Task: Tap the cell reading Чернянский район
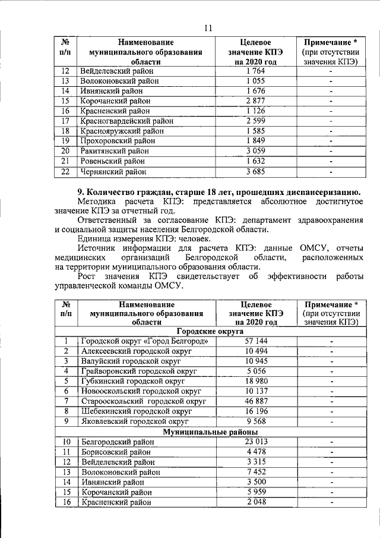(113, 172)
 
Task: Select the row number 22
(66, 172)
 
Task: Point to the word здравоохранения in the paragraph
(332, 220)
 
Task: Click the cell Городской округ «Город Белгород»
(144, 341)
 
